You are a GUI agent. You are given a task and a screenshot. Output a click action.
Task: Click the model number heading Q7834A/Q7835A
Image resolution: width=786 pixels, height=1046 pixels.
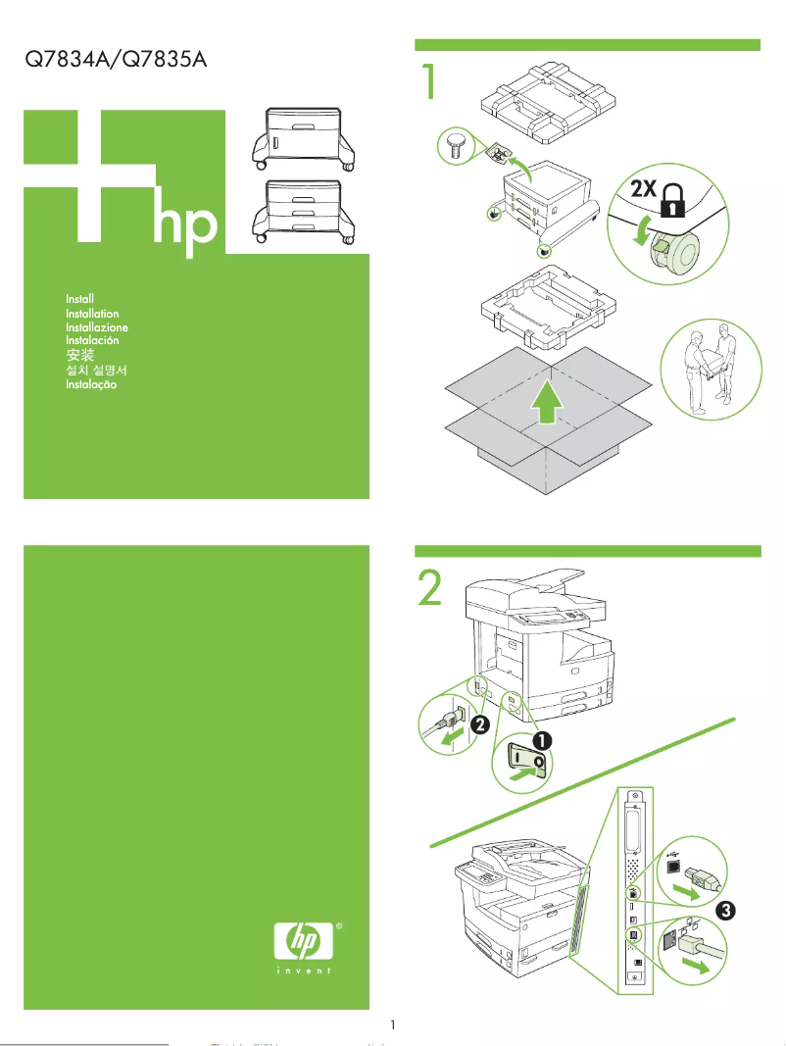(116, 60)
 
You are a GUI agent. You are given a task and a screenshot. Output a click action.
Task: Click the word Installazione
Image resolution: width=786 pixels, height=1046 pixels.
(96, 326)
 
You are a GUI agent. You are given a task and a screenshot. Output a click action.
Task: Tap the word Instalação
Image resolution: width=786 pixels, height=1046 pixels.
(91, 385)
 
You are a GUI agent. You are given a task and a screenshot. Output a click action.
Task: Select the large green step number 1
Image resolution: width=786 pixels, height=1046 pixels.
(428, 82)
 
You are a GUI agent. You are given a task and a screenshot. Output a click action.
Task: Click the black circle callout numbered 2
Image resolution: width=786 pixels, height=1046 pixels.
(480, 725)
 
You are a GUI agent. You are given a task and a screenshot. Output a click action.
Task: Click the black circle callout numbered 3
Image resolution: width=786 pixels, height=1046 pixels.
(724, 911)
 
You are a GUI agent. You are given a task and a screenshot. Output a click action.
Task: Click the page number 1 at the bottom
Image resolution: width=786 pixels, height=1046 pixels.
(392, 1025)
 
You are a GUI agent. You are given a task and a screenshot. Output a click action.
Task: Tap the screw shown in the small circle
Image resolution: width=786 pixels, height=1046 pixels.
(454, 148)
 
